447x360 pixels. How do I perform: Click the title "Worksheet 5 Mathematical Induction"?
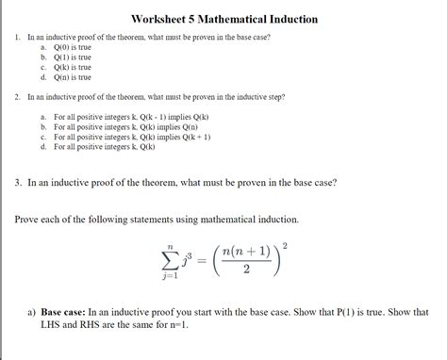point(223,19)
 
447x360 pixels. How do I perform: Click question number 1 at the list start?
point(18,35)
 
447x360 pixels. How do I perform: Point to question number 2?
point(18,97)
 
